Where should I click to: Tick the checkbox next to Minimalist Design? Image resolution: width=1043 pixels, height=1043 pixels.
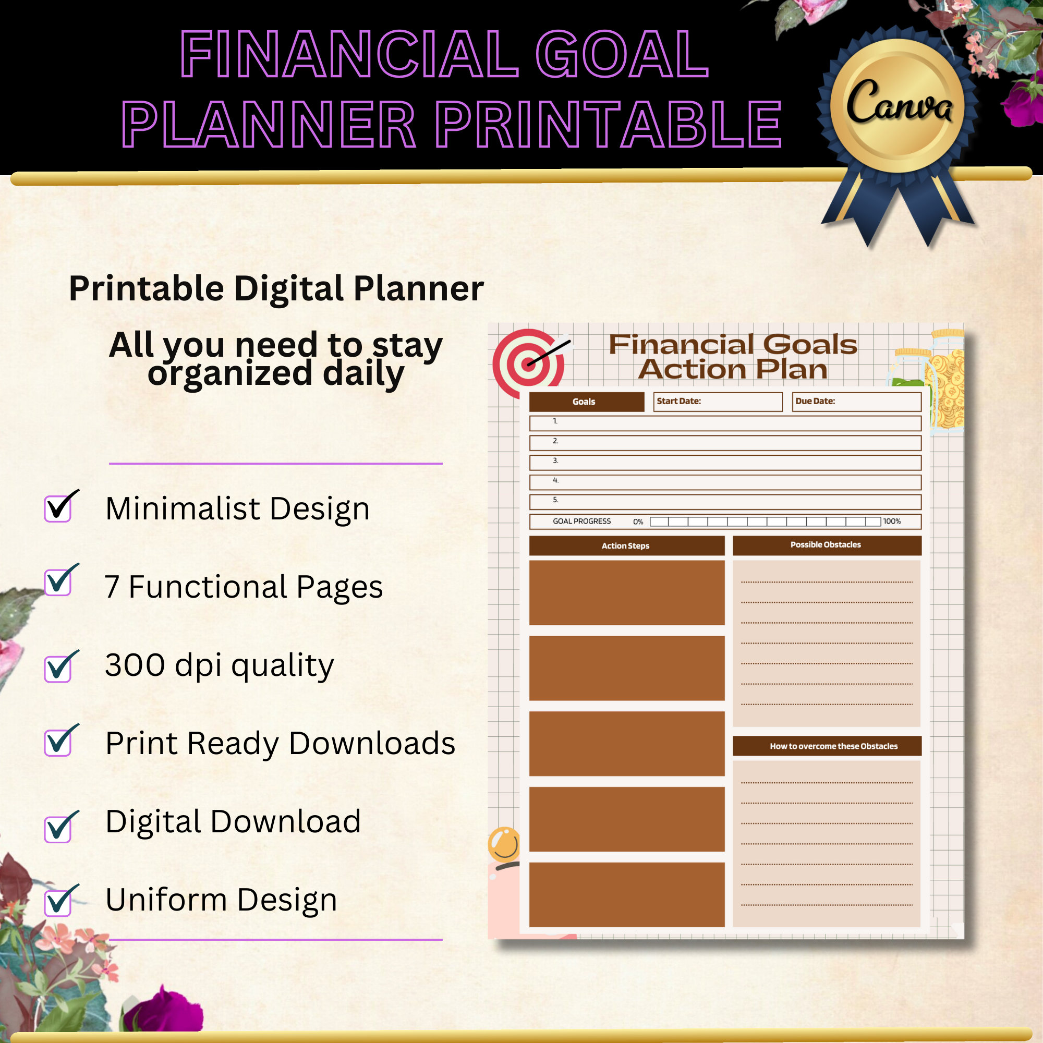click(58, 508)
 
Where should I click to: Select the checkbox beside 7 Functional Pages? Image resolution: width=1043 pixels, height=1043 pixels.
click(58, 583)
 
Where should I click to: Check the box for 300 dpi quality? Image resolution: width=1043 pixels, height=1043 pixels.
click(58, 669)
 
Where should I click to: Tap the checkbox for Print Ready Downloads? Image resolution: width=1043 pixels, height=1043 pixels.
click(58, 742)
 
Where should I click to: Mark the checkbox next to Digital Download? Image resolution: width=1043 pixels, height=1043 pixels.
click(58, 829)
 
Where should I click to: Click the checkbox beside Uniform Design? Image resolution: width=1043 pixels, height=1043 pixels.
click(58, 903)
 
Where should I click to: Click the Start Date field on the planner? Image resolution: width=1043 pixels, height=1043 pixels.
click(718, 402)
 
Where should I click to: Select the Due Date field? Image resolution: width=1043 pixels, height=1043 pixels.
click(856, 402)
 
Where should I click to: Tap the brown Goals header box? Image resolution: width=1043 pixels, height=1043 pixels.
click(586, 402)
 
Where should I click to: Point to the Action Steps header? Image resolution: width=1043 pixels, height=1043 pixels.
click(626, 546)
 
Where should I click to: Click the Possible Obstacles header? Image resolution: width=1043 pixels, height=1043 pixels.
click(827, 545)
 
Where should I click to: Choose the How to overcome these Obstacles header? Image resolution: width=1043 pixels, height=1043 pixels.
click(827, 746)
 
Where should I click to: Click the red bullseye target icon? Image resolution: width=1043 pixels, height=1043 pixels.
click(527, 363)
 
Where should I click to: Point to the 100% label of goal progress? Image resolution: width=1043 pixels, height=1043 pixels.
click(892, 521)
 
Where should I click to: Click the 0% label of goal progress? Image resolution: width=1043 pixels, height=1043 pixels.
click(638, 522)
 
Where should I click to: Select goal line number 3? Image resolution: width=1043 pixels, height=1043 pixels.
click(725, 463)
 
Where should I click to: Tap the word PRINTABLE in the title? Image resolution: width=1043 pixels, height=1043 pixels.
click(609, 125)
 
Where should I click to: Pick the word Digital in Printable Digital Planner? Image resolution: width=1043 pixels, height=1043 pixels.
click(288, 289)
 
